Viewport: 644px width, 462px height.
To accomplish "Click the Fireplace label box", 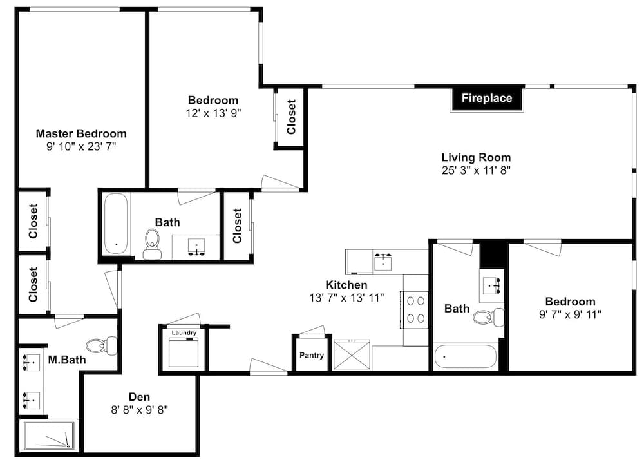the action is click(x=487, y=98).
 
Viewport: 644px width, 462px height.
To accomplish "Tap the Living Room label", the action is click(x=476, y=157).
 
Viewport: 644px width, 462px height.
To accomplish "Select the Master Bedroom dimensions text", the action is click(x=81, y=146).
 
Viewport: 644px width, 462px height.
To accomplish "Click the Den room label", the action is click(x=139, y=397).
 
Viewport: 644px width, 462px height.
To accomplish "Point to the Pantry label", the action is click(x=312, y=355).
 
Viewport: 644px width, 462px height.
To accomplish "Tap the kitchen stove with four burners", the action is click(x=415, y=309).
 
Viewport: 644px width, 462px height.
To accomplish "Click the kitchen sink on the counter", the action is click(x=383, y=262).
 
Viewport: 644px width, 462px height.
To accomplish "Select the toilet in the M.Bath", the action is click(x=102, y=345).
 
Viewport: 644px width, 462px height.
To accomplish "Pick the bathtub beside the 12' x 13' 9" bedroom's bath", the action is click(x=116, y=224).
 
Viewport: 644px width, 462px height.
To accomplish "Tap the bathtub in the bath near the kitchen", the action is click(x=466, y=357).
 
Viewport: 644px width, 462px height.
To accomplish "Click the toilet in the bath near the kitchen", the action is click(x=488, y=317).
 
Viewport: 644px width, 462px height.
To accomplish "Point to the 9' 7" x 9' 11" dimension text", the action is click(x=570, y=314).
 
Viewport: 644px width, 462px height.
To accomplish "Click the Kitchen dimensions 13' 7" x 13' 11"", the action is click(x=346, y=298).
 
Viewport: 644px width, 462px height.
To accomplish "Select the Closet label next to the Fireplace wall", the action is click(x=291, y=117).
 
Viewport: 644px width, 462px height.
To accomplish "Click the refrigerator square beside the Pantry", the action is click(x=352, y=354).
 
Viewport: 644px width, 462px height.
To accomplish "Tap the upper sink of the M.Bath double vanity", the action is click(x=31, y=362).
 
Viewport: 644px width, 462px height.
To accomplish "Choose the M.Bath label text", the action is click(x=67, y=360).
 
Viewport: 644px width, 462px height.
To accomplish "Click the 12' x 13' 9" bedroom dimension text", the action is click(x=213, y=113).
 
